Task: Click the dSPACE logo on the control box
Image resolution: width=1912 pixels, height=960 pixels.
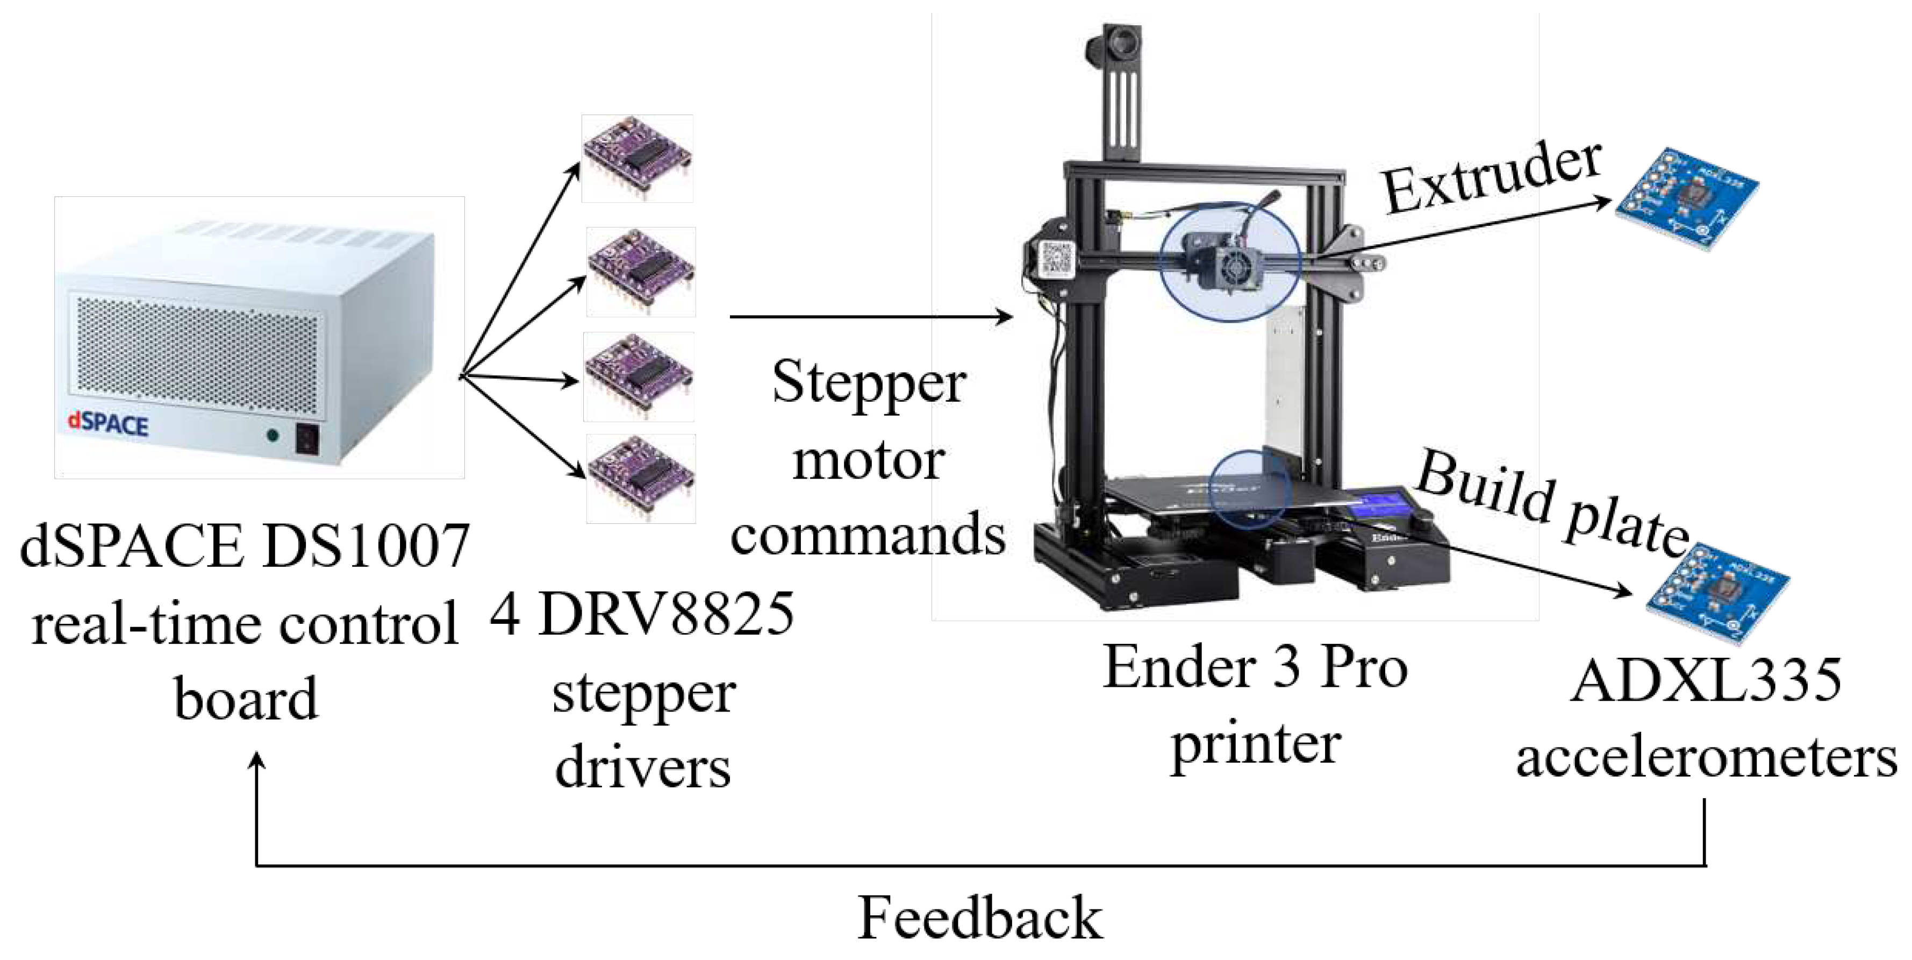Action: pos(108,424)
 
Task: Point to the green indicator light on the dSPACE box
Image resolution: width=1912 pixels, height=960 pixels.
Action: pos(273,436)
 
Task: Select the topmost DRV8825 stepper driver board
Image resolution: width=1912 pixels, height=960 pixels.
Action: pos(637,158)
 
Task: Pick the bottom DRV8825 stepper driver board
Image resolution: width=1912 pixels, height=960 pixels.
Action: pos(641,478)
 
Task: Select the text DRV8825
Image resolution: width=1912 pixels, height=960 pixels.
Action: pos(666,613)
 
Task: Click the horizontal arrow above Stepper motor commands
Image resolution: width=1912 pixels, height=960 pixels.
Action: pos(871,317)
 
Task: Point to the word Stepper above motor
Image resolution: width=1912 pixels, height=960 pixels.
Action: pos(869,383)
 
